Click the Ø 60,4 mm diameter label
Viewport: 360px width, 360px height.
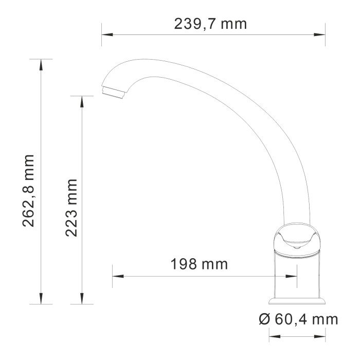[x=298, y=319]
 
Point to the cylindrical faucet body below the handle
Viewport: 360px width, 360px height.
[x=297, y=275]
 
